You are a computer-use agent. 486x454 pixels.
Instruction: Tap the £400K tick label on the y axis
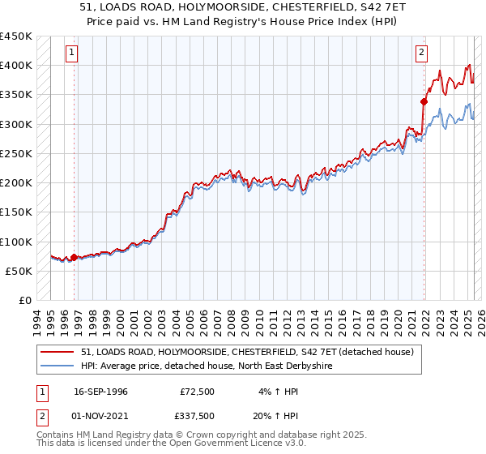tap(16, 66)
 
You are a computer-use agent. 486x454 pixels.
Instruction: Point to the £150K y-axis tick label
tap(16, 212)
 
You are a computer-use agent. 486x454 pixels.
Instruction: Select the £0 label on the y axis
tap(24, 301)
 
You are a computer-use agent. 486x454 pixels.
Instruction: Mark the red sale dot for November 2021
tap(423, 102)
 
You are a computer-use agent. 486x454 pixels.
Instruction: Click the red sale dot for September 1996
tap(74, 258)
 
